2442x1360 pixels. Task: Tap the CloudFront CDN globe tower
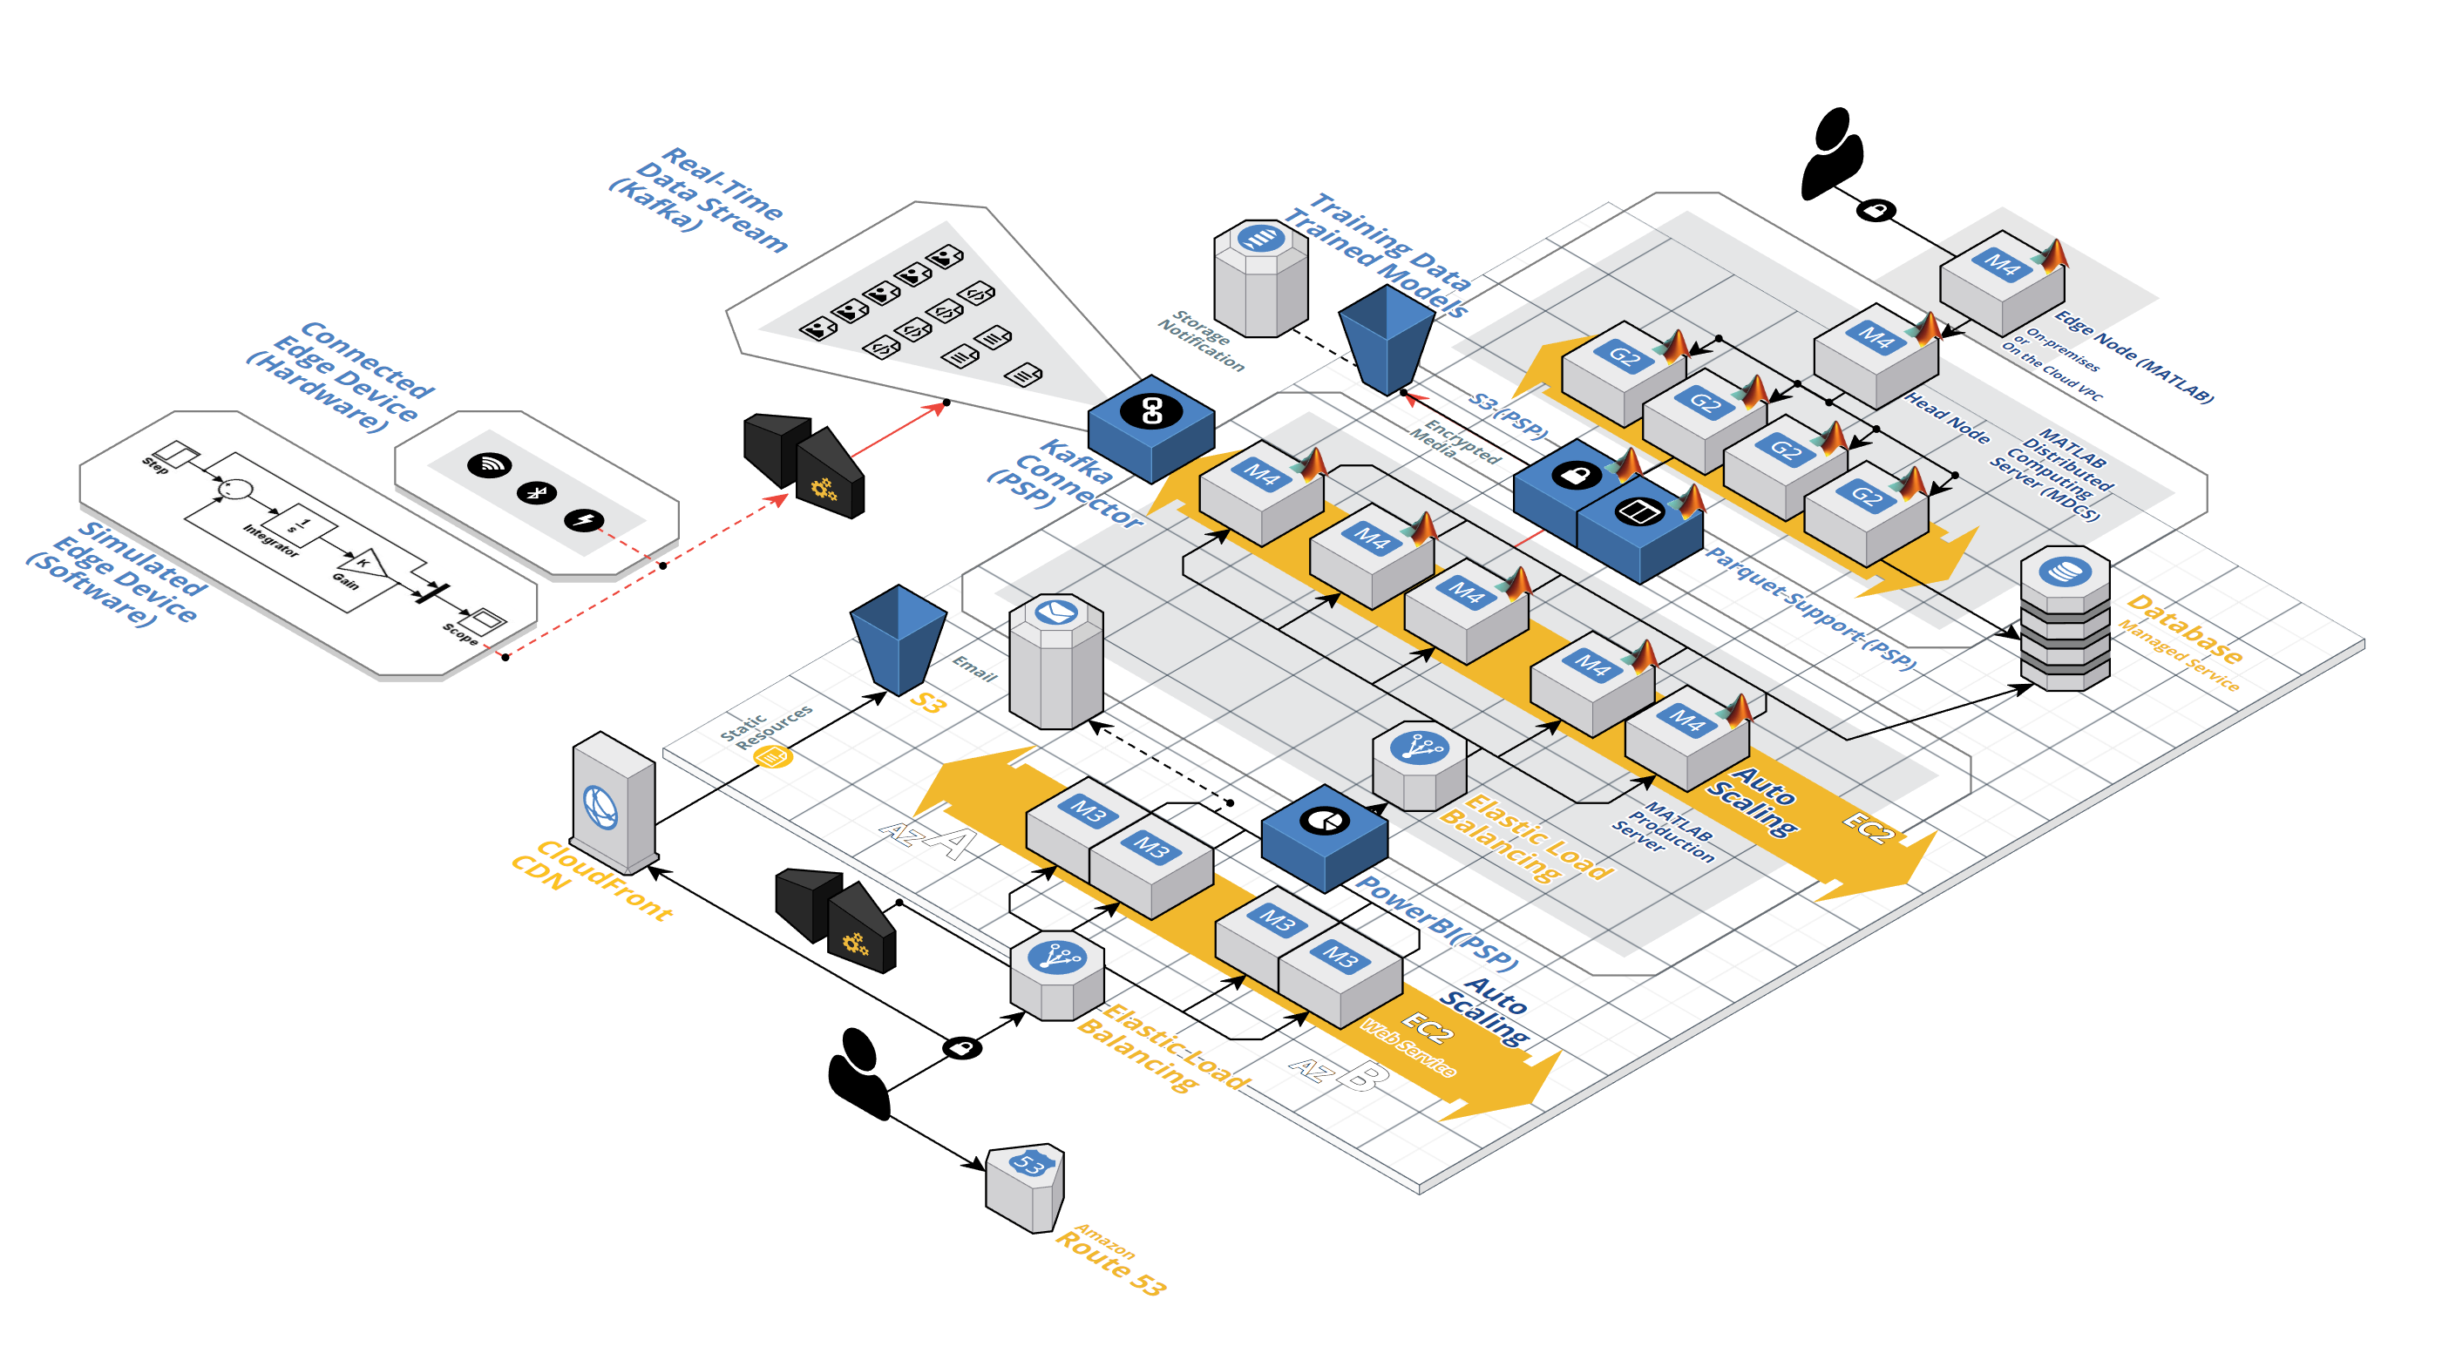(x=613, y=803)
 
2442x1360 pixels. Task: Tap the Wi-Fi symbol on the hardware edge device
(x=489, y=464)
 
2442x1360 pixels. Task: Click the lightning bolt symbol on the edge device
(x=584, y=519)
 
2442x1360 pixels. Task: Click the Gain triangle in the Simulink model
(x=365, y=564)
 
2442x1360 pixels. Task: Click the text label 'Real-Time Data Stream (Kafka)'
(x=700, y=199)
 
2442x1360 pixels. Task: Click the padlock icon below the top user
(x=1874, y=210)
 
